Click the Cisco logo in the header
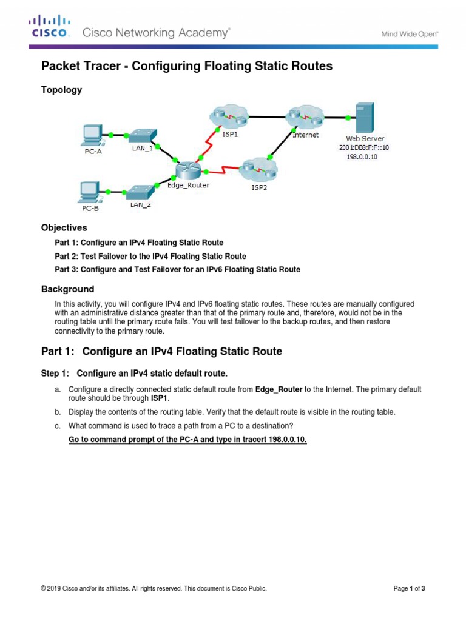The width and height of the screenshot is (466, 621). [x=50, y=28]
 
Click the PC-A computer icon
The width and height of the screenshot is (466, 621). [x=92, y=135]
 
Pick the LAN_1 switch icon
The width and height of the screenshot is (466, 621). [x=143, y=134]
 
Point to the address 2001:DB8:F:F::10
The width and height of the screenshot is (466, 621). [x=364, y=147]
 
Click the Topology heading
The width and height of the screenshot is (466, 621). [x=61, y=90]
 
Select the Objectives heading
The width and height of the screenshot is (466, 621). [x=64, y=228]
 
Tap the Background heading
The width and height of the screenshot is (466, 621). [x=67, y=289]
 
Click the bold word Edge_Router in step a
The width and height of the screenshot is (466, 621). [x=279, y=389]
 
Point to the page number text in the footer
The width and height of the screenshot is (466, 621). [x=410, y=588]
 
